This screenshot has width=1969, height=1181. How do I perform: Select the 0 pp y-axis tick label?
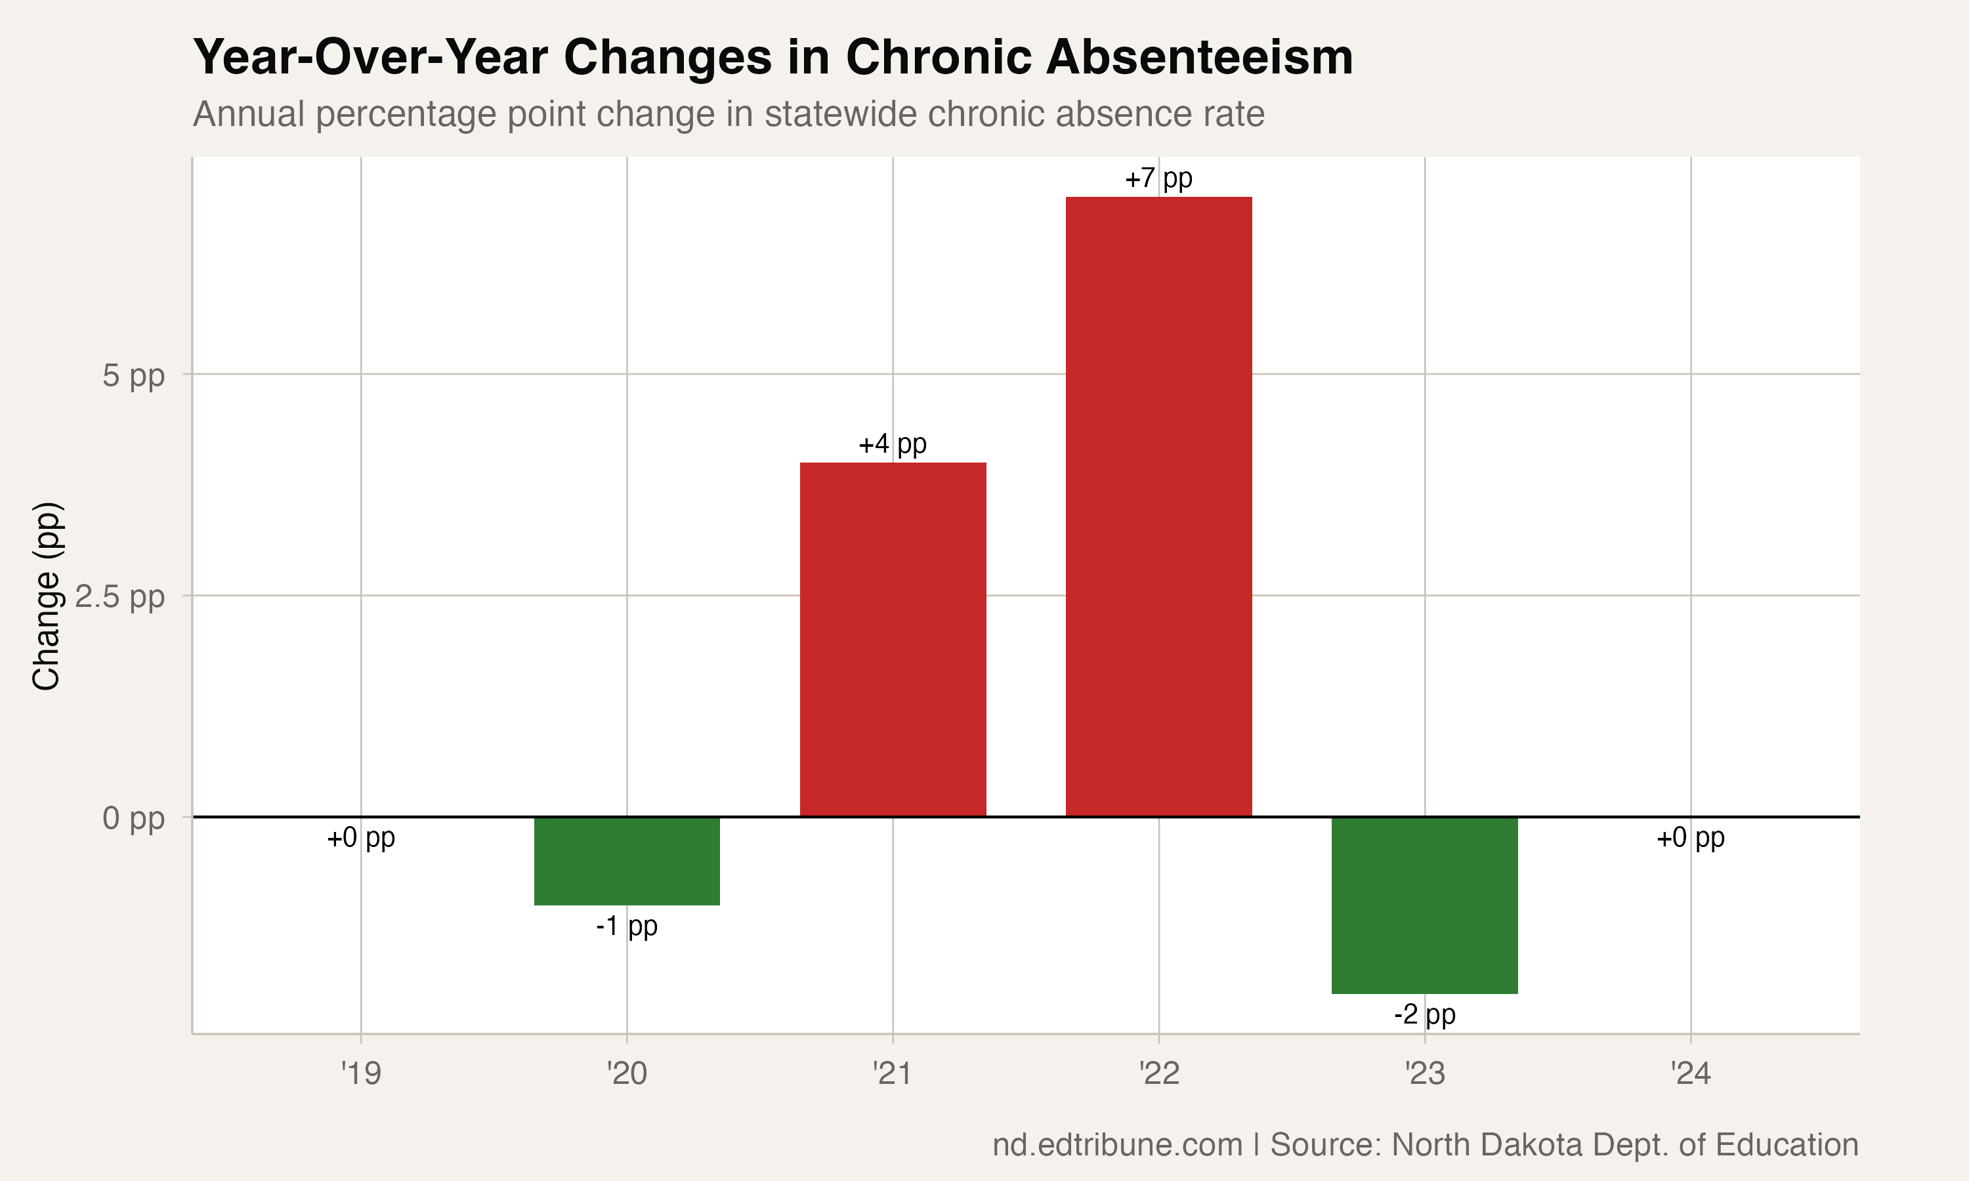tap(133, 818)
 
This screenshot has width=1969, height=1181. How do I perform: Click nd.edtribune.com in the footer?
tap(1116, 1144)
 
